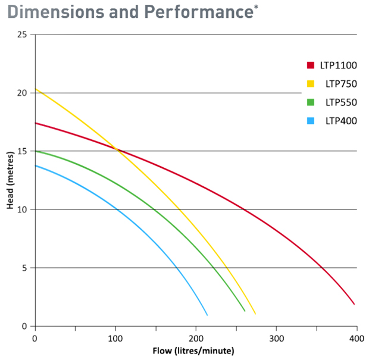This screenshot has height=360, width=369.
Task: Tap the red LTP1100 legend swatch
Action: pos(310,64)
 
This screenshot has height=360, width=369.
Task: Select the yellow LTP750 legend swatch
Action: pos(310,84)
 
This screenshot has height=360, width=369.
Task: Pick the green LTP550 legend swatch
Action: pos(310,102)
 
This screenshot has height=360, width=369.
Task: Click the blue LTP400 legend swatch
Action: pos(310,121)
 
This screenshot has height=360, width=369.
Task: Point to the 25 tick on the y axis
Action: pos(23,35)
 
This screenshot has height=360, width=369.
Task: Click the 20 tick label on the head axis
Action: pos(23,93)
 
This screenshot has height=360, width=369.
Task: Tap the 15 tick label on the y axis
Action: pos(23,151)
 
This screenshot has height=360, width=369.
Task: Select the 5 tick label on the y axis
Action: pos(25,268)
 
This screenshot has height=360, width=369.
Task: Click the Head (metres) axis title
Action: pos(10,180)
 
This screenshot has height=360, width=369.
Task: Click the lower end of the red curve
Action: pos(354,304)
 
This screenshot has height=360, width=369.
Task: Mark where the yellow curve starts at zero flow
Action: pos(36,89)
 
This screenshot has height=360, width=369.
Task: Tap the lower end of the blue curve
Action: pos(207,314)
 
